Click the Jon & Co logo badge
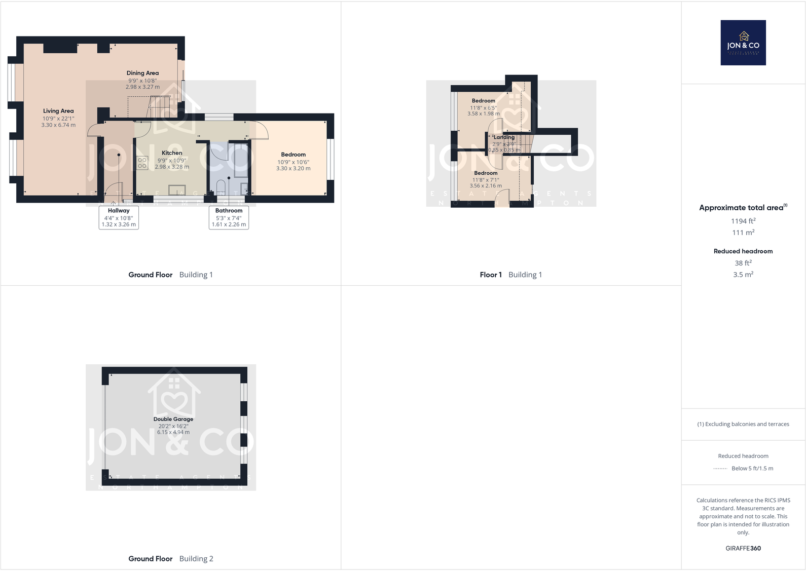743,43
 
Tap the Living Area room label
58,111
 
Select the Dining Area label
142,73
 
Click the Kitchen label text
172,153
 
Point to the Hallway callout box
119,217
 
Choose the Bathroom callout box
229,217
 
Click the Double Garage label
173,419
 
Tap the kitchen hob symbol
142,163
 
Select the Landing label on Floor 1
504,137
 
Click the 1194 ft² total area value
743,221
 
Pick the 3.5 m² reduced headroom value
743,275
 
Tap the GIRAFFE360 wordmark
743,548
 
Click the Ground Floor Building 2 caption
170,559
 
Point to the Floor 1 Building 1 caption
511,275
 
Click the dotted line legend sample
720,469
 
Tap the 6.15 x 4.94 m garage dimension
173,432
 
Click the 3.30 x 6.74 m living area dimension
58,125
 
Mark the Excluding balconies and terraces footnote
743,424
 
